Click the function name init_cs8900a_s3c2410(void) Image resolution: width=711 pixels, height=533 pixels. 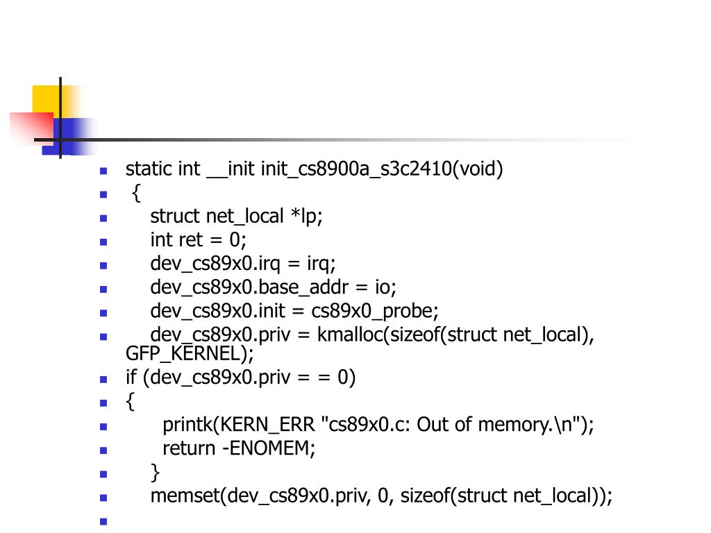click(382, 169)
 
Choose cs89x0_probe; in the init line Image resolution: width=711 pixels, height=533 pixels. click(375, 310)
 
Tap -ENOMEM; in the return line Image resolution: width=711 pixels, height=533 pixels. click(269, 448)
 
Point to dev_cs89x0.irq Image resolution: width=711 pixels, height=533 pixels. click(213, 263)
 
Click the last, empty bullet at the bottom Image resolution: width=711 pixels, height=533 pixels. click(103, 521)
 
